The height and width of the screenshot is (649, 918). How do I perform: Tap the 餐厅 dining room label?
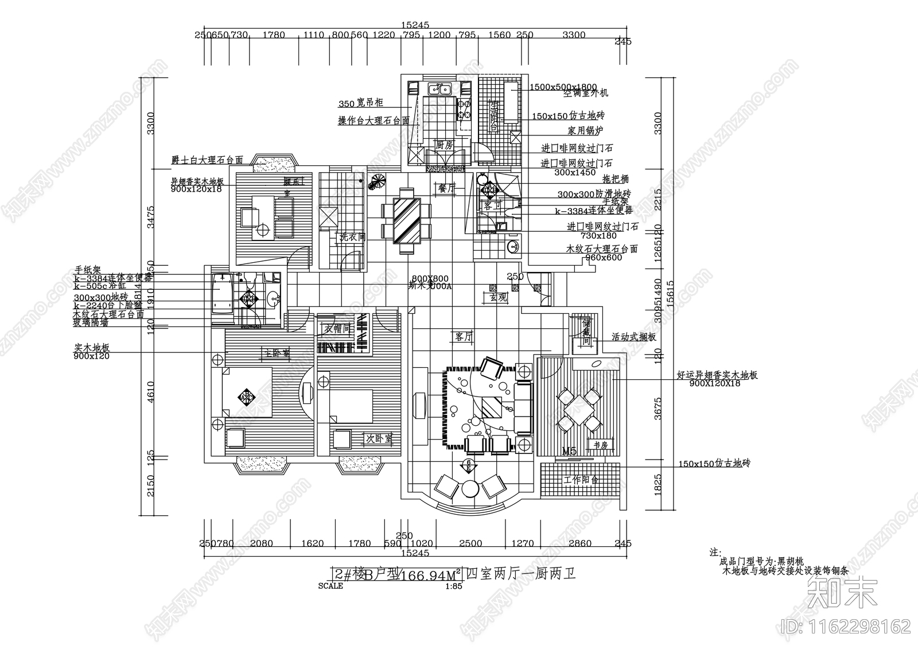click(446, 188)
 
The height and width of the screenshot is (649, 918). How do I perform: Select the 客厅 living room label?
click(463, 337)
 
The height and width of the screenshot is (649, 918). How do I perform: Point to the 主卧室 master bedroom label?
click(276, 352)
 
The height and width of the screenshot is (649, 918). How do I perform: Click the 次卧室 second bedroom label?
click(379, 439)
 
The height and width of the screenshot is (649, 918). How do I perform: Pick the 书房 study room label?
click(601, 445)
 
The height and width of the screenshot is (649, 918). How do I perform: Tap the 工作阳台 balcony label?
click(581, 480)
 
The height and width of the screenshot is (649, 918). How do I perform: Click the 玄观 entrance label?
click(497, 297)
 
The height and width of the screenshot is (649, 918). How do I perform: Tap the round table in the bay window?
click(470, 489)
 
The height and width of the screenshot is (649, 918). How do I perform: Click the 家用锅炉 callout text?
click(585, 131)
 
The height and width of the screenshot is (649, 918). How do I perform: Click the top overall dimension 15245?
click(415, 25)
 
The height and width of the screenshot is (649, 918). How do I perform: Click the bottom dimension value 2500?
click(471, 543)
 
